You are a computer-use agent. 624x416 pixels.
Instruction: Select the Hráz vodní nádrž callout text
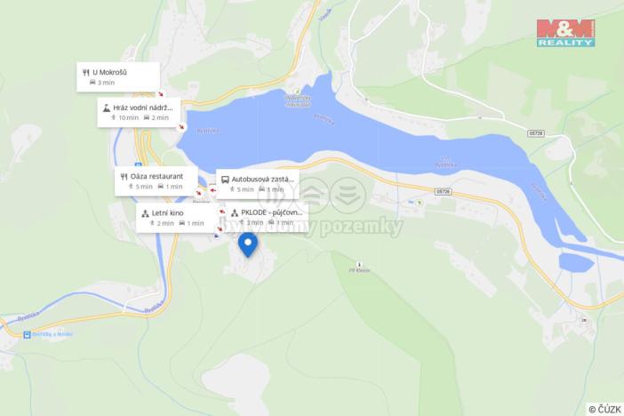[x=146, y=107]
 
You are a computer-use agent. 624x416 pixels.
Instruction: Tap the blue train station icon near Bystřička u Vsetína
[x=27, y=335]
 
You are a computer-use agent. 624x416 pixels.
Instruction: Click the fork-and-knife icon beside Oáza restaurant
[x=123, y=176]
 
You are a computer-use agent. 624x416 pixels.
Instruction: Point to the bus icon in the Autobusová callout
[x=225, y=179]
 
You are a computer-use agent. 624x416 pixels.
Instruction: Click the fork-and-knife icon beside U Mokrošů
[x=84, y=70]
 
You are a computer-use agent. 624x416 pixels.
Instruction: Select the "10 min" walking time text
[x=129, y=117]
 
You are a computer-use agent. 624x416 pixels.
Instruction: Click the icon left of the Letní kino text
[x=145, y=212]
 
